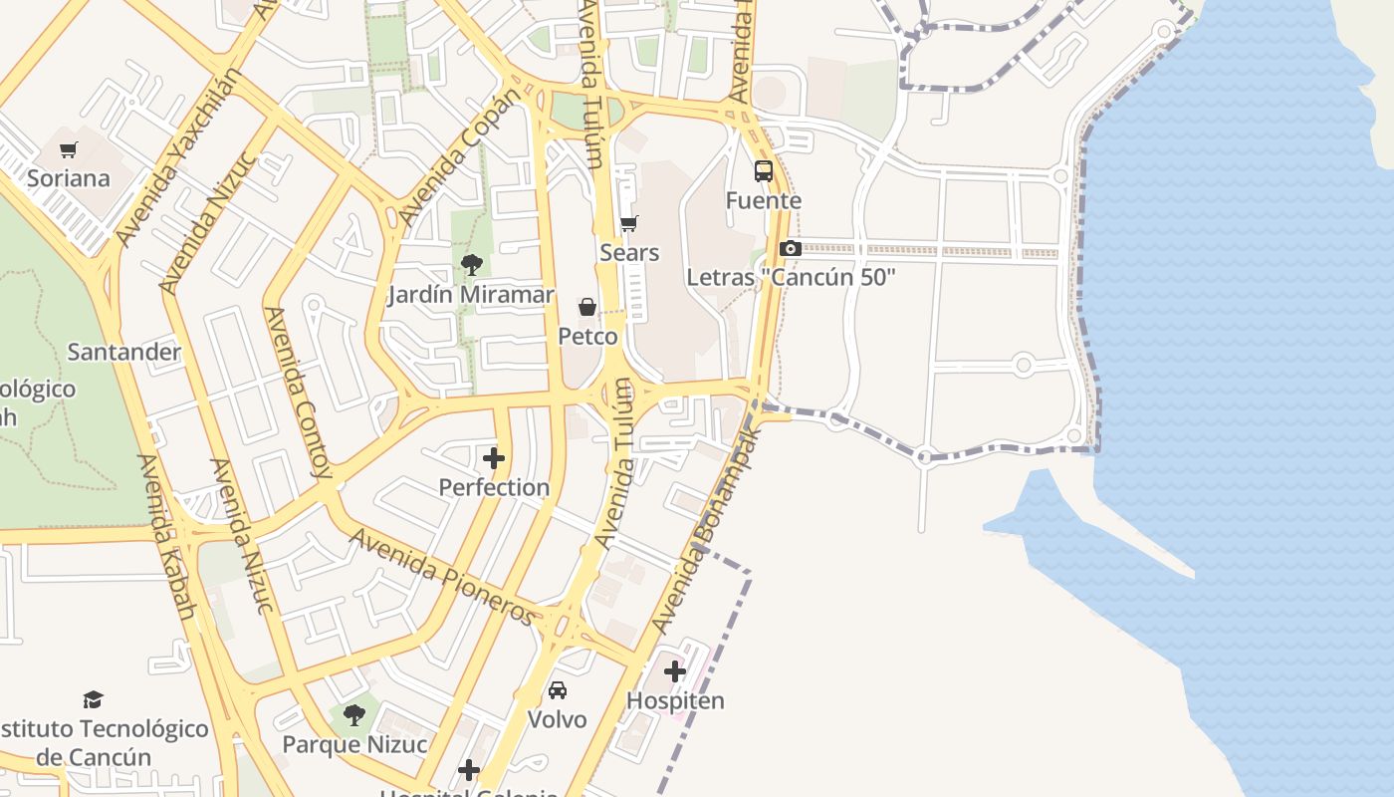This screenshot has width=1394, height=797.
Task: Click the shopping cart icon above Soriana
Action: [68, 150]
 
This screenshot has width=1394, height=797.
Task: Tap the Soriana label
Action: [68, 179]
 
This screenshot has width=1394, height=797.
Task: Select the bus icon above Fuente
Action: [764, 171]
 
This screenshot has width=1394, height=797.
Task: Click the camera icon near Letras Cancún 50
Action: [791, 248]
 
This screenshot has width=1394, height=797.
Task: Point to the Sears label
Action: [629, 253]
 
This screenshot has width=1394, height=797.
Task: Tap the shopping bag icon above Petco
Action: [587, 307]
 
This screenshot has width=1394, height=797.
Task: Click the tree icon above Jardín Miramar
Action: [471, 265]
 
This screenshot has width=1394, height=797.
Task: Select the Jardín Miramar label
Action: [471, 295]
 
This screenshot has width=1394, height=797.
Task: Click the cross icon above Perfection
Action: [494, 458]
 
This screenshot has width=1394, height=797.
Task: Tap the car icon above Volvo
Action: [558, 689]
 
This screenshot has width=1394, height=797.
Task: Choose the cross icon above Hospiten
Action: [675, 670]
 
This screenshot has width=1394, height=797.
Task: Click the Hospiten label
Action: [675, 700]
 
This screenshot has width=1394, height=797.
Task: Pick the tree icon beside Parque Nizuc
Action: [353, 714]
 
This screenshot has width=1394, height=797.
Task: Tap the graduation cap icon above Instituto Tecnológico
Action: [93, 699]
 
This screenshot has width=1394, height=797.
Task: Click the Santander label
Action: [123, 352]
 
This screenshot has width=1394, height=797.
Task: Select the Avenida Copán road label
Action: [459, 157]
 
